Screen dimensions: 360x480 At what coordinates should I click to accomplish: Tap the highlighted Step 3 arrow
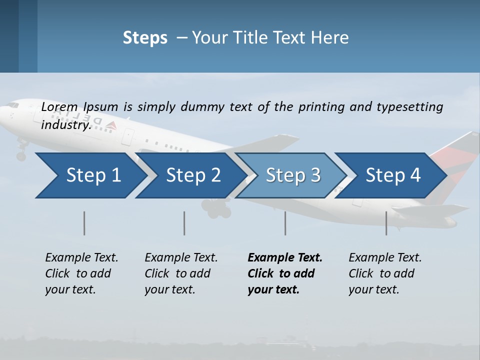coord(290,175)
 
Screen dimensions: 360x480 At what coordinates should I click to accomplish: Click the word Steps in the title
coord(145,37)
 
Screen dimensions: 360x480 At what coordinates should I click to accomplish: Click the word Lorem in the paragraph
coord(59,106)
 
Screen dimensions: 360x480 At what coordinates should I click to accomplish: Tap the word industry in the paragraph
coord(65,124)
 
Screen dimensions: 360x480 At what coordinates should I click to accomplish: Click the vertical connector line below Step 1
coord(84,223)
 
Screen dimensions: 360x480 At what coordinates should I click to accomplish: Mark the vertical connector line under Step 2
coord(184,223)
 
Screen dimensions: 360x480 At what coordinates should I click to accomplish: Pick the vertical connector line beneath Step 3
coord(285,223)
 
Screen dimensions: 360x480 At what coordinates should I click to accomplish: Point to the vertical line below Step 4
coord(386,223)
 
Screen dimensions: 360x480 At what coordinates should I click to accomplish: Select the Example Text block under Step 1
coord(81,273)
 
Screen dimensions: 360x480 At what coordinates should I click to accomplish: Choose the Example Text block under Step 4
coord(385,273)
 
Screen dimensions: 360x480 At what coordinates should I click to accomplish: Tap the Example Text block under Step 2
coord(181,273)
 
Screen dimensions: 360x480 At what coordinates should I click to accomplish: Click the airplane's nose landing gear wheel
coord(21,156)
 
